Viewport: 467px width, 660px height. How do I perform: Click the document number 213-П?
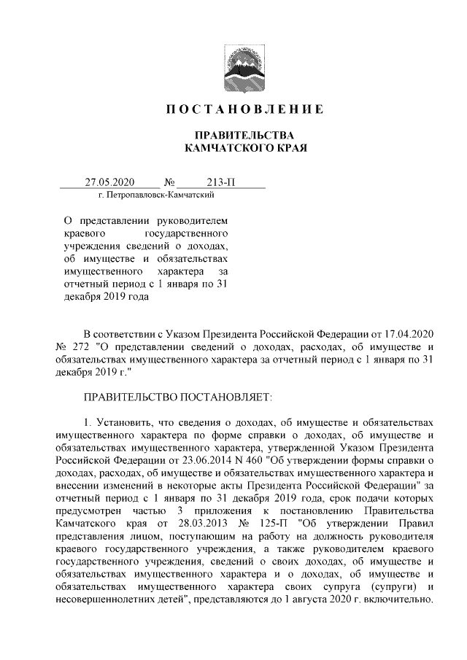223,182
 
